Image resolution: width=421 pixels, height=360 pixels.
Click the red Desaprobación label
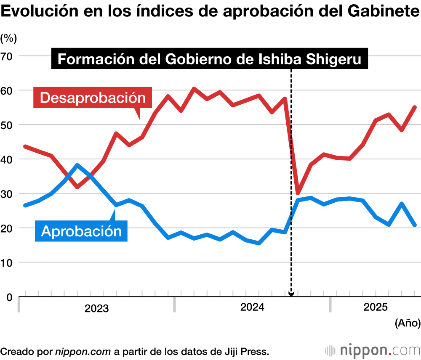(x=92, y=98)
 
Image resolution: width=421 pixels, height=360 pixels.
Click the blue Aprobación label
(x=81, y=230)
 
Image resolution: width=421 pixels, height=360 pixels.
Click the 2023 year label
(x=96, y=309)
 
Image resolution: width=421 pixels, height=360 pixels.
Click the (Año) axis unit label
(x=408, y=323)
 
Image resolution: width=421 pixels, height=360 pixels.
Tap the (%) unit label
(x=8, y=38)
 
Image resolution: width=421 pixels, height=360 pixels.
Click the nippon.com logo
(x=372, y=350)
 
